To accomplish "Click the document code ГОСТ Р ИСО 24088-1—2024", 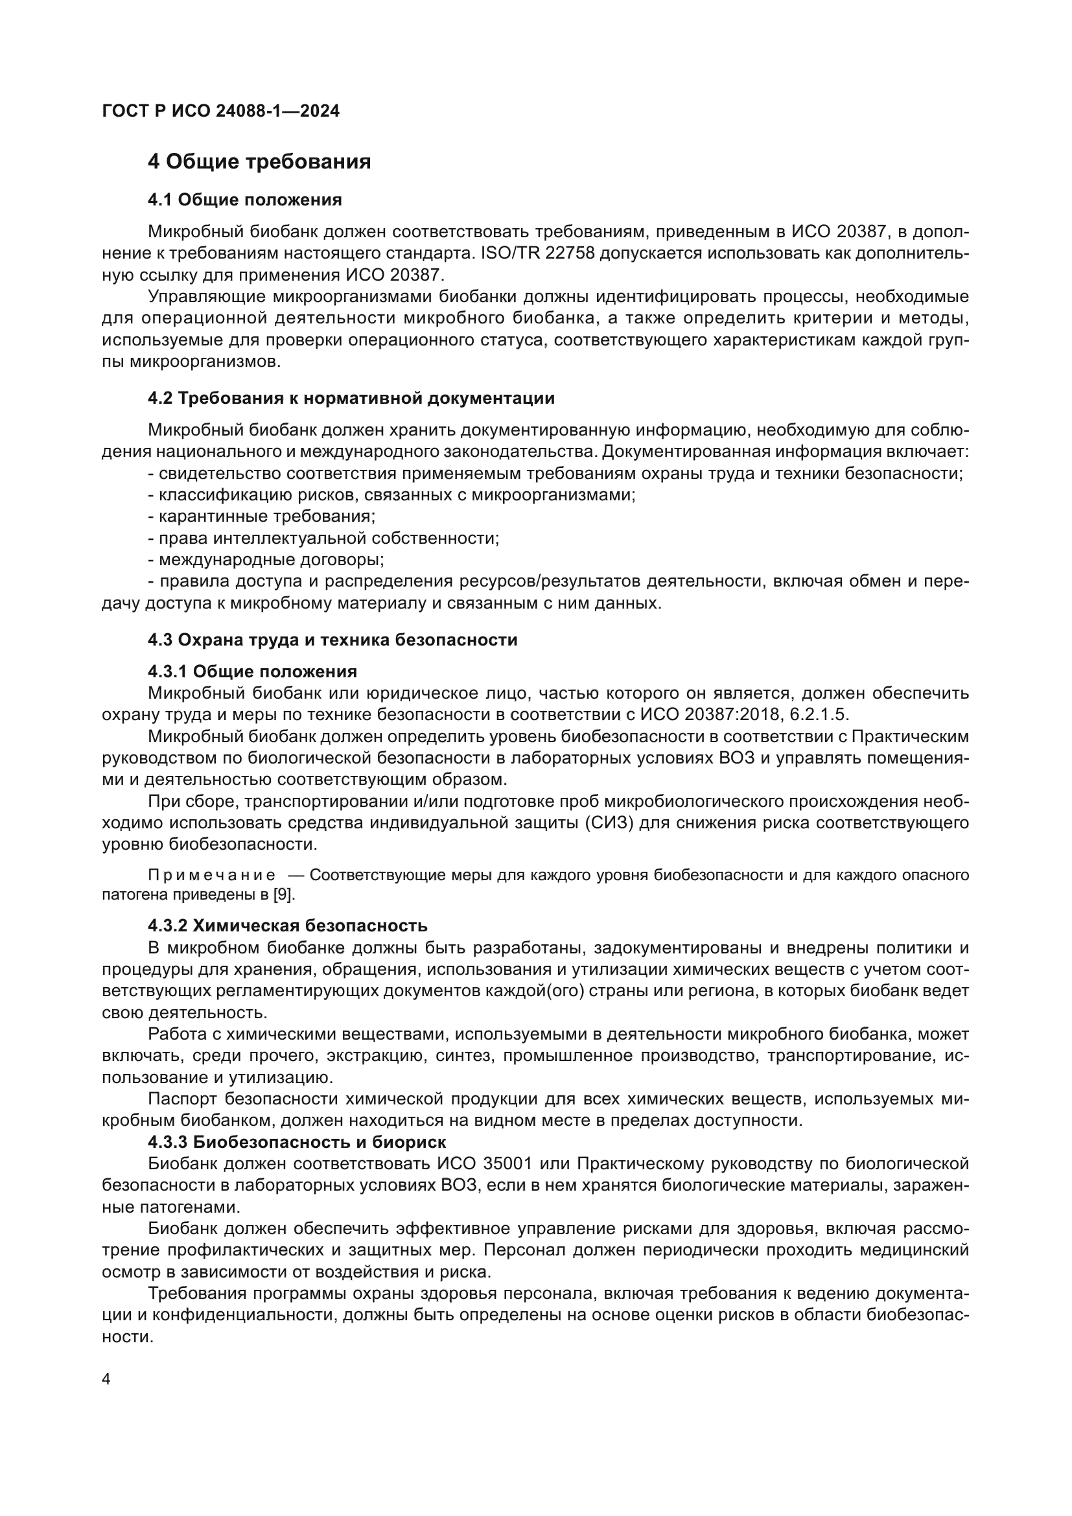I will pyautogui.click(x=220, y=111).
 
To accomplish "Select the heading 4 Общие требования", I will pyautogui.click(x=259, y=162).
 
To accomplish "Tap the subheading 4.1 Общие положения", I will pyautogui.click(x=244, y=200).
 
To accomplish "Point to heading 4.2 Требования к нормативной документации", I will pyautogui.click(x=351, y=398).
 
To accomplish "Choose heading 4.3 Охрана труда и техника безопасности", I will pyautogui.click(x=332, y=640).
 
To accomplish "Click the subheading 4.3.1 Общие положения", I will pyautogui.click(x=252, y=671).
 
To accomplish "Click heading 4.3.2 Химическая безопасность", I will pyautogui.click(x=287, y=926).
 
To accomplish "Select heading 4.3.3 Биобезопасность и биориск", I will pyautogui.click(x=296, y=1142).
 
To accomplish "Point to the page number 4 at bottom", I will pyautogui.click(x=106, y=1379).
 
